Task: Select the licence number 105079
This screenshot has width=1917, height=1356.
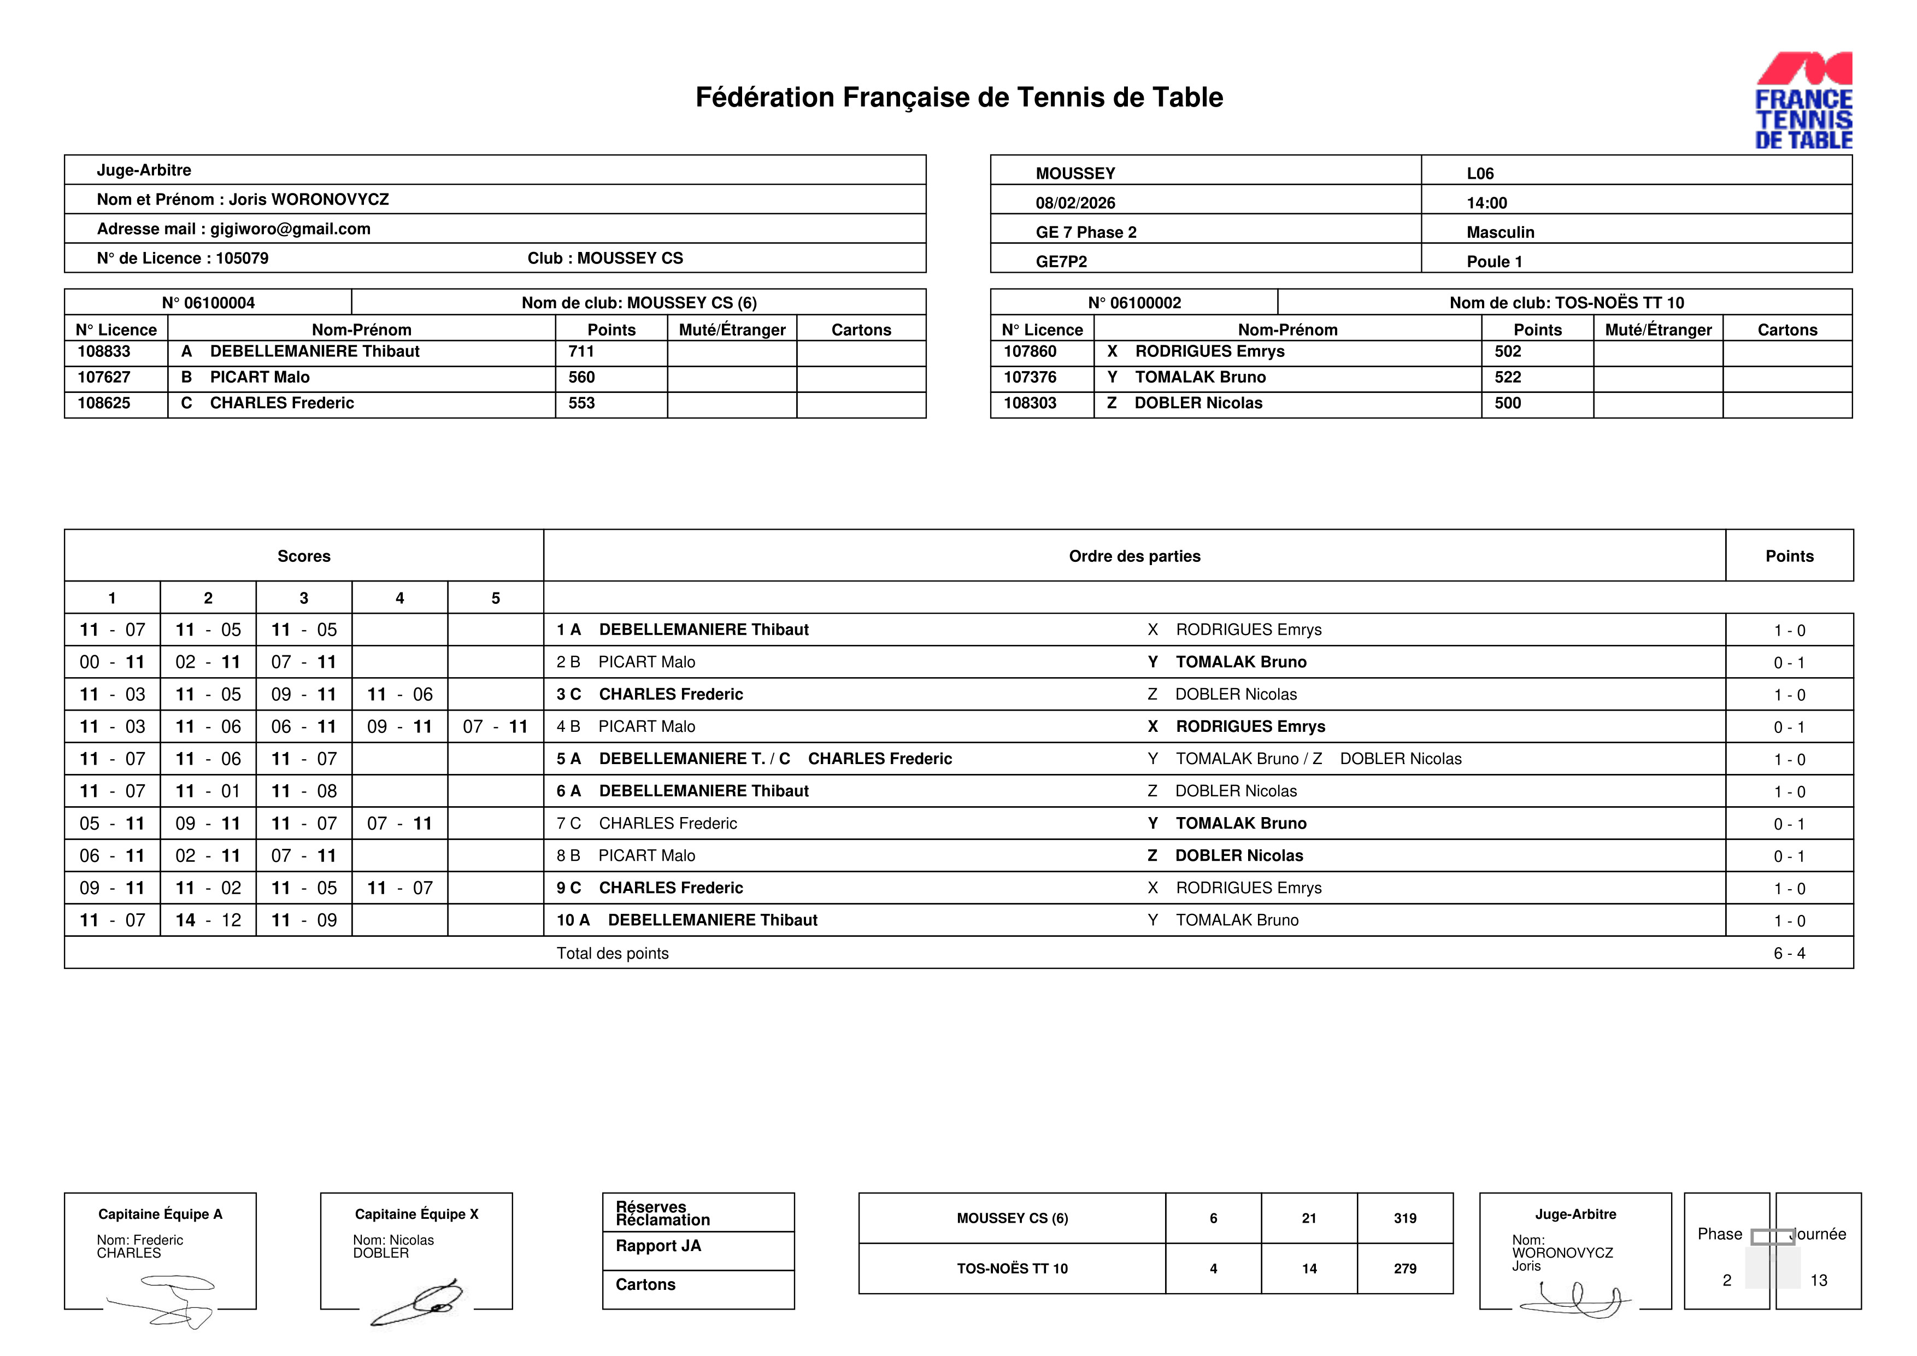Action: [242, 258]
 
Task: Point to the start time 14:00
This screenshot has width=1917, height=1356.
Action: [1486, 203]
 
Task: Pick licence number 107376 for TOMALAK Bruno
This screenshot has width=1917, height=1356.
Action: [1030, 378]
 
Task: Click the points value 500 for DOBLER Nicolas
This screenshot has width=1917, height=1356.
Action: [1507, 403]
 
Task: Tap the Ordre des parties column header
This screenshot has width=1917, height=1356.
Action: [1134, 556]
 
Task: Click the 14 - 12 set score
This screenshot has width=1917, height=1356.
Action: [208, 920]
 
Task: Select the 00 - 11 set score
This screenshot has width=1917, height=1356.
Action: [112, 662]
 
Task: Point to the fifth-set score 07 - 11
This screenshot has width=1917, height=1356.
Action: [495, 726]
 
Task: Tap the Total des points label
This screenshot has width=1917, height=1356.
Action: [612, 954]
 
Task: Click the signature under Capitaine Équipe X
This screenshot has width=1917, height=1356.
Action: [417, 1302]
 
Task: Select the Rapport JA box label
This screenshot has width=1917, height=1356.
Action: [658, 1246]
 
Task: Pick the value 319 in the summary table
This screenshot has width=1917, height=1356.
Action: [1404, 1218]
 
